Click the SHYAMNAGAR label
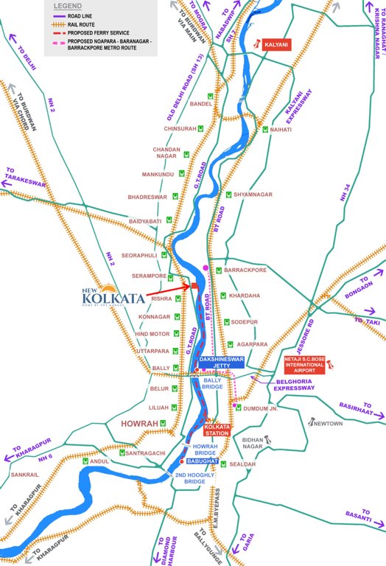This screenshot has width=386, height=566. (253, 195)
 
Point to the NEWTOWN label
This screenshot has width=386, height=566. (328, 424)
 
